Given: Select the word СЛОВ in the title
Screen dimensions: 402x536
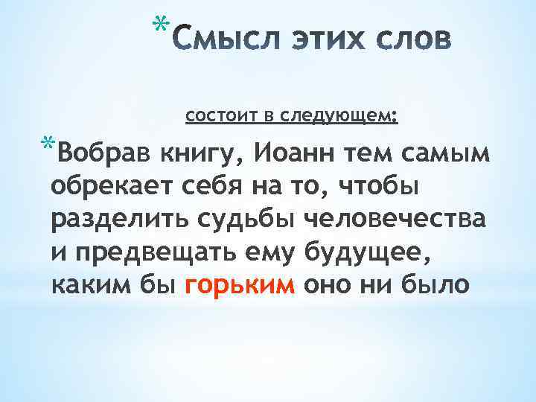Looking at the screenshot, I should pos(412,39).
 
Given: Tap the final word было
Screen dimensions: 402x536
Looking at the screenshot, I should pos(435,286).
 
